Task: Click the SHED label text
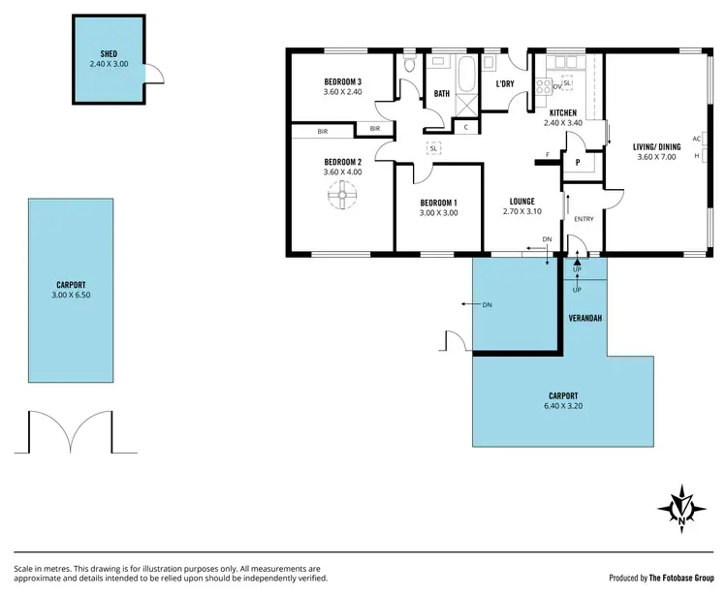[x=108, y=53]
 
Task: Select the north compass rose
[x=682, y=507]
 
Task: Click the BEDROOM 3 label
[x=342, y=81]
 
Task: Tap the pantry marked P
[x=578, y=163]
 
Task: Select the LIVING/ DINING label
[x=656, y=146]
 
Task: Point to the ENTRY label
[x=585, y=218]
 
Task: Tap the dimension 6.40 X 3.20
[x=563, y=406]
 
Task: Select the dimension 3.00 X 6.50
[x=70, y=295]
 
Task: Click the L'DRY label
[x=505, y=84]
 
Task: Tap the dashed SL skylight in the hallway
[x=434, y=147]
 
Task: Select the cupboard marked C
[x=466, y=127]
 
